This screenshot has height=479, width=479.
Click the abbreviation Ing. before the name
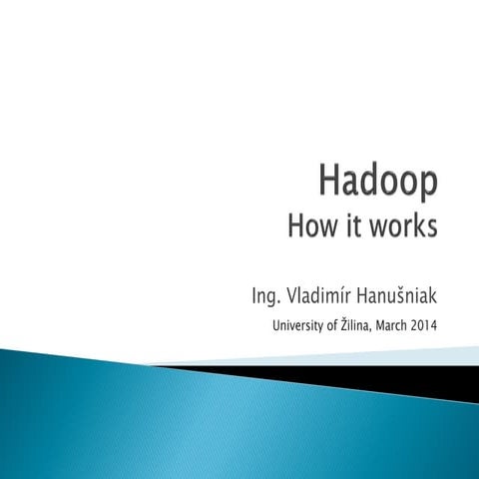265,295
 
